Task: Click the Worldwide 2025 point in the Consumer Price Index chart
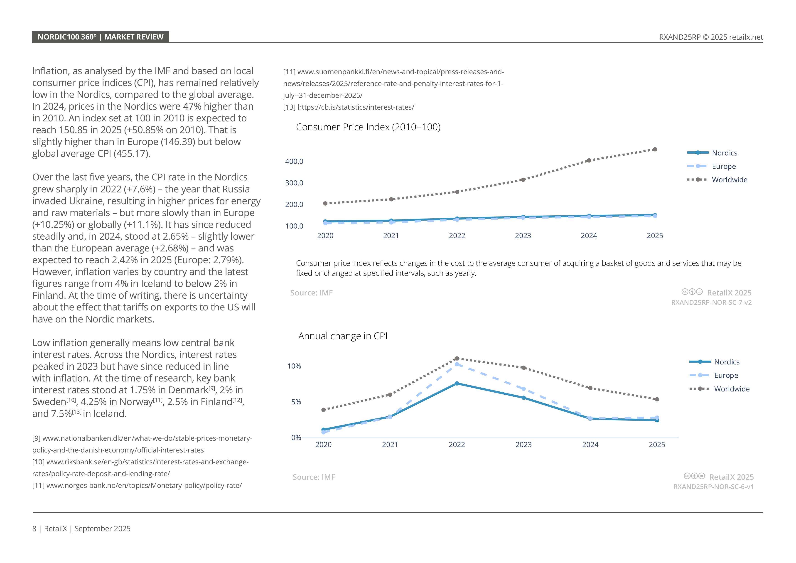coord(655,149)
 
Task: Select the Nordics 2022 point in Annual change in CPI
coord(457,384)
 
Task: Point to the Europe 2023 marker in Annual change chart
coord(523,389)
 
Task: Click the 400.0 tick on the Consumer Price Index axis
coord(294,161)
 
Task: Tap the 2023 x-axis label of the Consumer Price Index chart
coord(523,236)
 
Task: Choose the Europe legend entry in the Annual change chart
coord(726,376)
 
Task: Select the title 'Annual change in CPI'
coord(343,336)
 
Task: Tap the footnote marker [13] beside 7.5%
coord(77,412)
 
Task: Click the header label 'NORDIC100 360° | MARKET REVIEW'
coord(100,37)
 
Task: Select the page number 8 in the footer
coord(34,529)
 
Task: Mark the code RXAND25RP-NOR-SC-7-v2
coord(711,302)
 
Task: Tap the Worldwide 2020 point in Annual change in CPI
coord(324,410)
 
